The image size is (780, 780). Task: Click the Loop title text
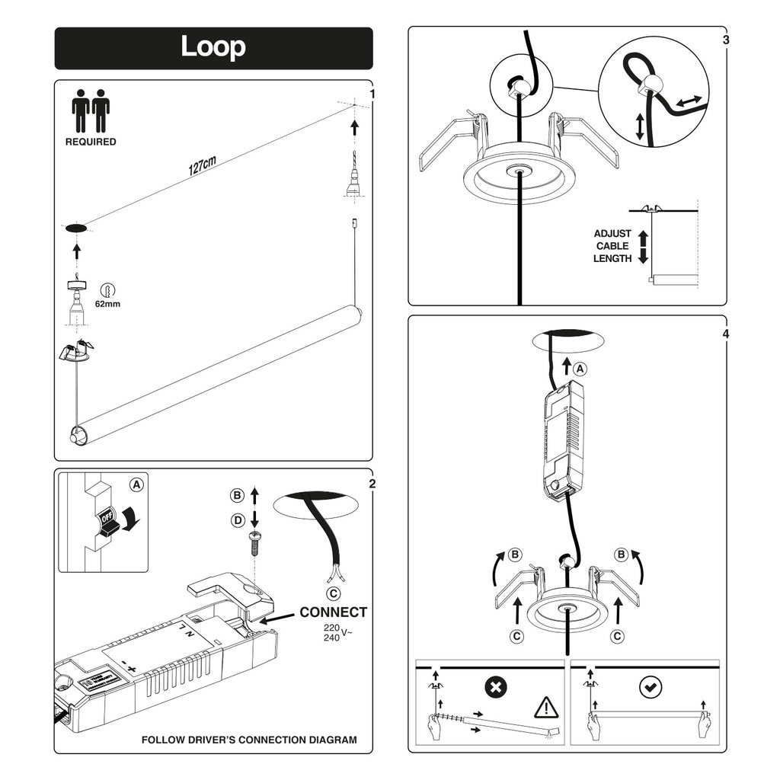coord(213,47)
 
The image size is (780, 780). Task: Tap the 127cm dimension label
coord(203,166)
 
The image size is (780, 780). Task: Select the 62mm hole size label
coord(108,304)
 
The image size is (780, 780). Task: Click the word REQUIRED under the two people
coord(91,142)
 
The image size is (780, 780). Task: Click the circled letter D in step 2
coord(237,519)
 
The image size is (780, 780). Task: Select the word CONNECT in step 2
coord(333,612)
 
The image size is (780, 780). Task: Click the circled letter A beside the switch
coord(136,484)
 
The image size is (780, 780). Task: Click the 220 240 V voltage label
coord(335,631)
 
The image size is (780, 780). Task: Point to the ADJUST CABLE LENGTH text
coord(612,246)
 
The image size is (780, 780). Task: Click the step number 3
coord(726,39)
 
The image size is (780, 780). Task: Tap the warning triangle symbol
coord(546,708)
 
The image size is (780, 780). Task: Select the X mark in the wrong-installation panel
coord(496,688)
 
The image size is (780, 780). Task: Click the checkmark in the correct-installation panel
coord(649,688)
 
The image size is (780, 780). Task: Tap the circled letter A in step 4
coord(580,369)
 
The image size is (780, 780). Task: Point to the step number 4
coord(726,334)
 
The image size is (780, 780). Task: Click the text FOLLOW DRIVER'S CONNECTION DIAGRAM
coord(249,740)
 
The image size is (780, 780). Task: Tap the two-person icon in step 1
coord(91,112)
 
